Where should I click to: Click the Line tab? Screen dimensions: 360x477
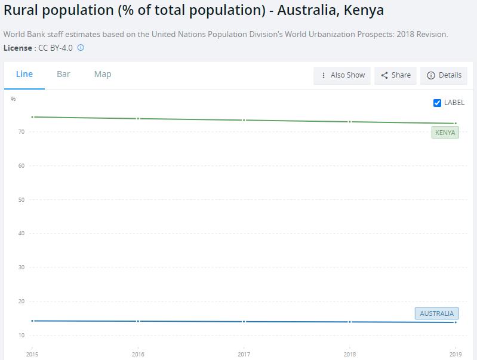(24, 74)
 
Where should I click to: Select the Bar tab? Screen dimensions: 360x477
(63, 74)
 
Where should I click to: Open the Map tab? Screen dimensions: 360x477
(103, 74)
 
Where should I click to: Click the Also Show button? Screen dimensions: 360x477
(342, 75)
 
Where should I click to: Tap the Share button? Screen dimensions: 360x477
(395, 75)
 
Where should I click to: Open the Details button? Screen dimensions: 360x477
(444, 75)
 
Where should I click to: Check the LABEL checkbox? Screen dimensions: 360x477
(437, 103)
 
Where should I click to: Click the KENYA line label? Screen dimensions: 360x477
(445, 133)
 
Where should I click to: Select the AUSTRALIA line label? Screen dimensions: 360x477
(436, 313)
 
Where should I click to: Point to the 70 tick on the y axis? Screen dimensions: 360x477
(21, 131)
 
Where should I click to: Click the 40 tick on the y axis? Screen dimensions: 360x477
(21, 233)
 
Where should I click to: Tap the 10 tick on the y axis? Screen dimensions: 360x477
(21, 335)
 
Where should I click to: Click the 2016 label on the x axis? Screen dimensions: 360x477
(138, 355)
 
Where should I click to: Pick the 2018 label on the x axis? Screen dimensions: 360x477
(350, 355)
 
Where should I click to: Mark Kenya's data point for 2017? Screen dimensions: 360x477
(244, 120)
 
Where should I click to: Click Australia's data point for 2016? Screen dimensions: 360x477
(138, 321)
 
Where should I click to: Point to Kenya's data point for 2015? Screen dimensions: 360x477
(32, 117)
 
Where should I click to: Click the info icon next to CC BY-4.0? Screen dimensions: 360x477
(81, 48)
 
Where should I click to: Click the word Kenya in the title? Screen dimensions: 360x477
(364, 10)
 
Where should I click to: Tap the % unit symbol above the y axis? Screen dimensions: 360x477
(13, 99)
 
